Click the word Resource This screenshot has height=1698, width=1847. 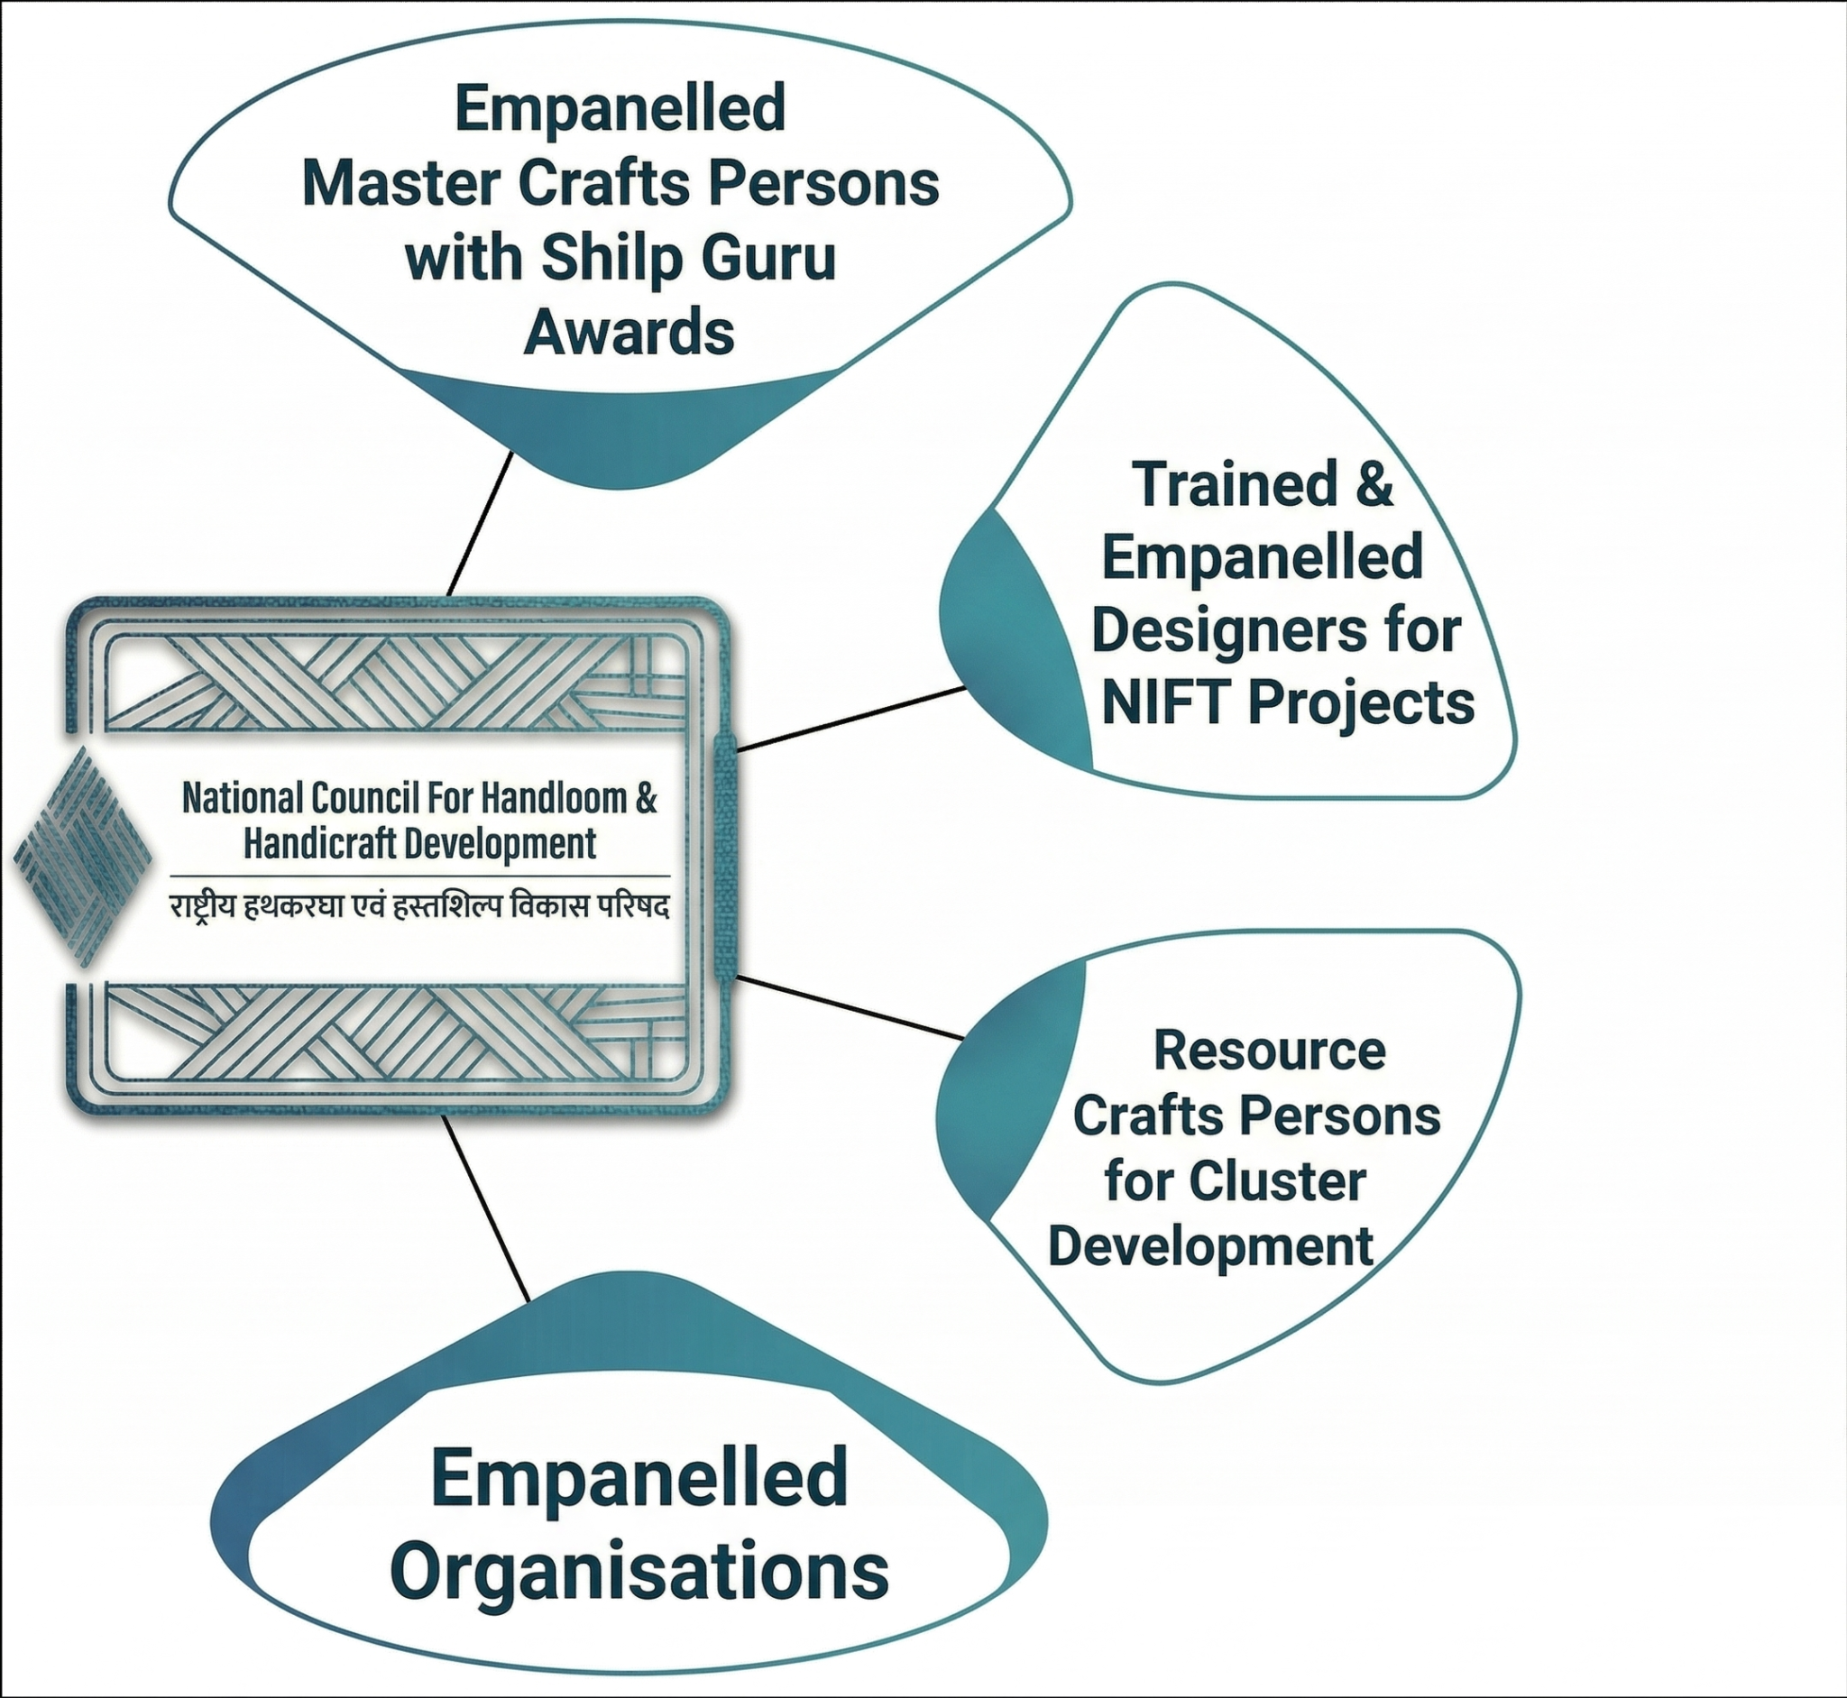coord(1269,1051)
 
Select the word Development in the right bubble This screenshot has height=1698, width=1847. coord(1210,1247)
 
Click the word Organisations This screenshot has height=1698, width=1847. coord(639,1572)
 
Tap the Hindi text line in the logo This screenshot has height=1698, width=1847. coord(419,908)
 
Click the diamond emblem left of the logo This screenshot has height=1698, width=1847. coord(83,857)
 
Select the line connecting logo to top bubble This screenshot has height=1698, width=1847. coord(479,524)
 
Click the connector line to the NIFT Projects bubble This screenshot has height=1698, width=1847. coord(851,720)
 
